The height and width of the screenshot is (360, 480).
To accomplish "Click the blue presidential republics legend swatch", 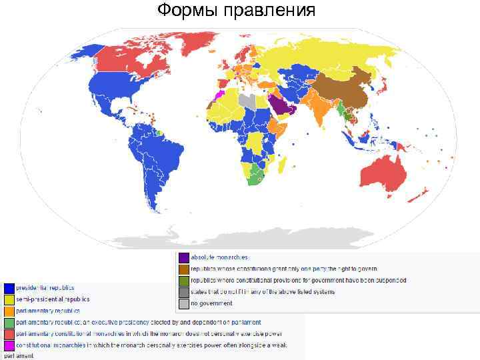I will point(9,288).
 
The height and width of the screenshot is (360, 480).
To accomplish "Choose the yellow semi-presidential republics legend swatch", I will point(9,299).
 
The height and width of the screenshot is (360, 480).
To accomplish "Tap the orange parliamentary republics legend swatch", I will point(9,311).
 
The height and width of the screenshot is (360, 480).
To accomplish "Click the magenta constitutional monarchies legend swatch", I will point(9,346).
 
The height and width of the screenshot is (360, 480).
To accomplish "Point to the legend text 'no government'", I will point(211,303).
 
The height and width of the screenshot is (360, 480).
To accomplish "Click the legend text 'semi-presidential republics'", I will point(53,299).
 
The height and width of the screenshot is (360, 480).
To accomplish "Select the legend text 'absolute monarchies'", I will point(219,257).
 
